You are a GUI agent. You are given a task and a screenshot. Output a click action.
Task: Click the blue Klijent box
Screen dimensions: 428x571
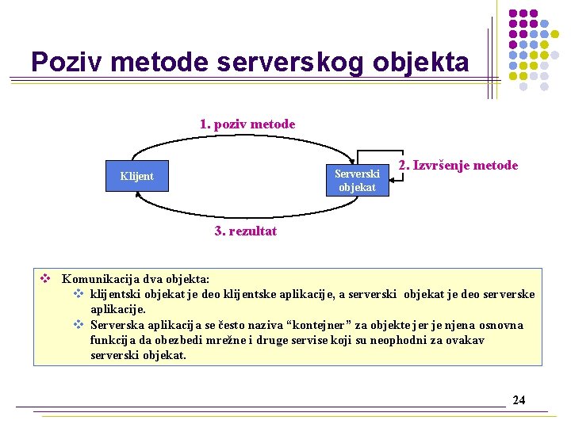pyautogui.click(x=138, y=176)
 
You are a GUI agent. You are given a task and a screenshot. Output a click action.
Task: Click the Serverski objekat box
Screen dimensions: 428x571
pyautogui.click(x=357, y=180)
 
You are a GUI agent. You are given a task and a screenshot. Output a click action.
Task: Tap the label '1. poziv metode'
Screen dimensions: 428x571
pyautogui.click(x=247, y=124)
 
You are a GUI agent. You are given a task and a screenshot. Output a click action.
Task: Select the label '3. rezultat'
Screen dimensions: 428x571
pyautogui.click(x=246, y=231)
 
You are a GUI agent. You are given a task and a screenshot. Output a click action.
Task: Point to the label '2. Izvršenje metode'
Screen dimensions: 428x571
pyautogui.click(x=458, y=166)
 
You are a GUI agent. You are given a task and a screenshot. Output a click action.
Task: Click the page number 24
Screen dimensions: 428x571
pyautogui.click(x=519, y=399)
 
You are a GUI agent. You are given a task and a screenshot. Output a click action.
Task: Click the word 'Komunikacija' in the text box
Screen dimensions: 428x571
pyautogui.click(x=98, y=279)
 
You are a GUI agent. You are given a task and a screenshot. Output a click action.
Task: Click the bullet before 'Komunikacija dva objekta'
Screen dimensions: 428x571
pyautogui.click(x=46, y=279)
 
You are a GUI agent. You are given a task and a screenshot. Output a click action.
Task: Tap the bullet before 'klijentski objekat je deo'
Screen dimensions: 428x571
pyautogui.click(x=79, y=294)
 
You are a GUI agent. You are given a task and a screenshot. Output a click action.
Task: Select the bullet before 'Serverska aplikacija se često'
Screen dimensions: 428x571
pyautogui.click(x=79, y=325)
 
